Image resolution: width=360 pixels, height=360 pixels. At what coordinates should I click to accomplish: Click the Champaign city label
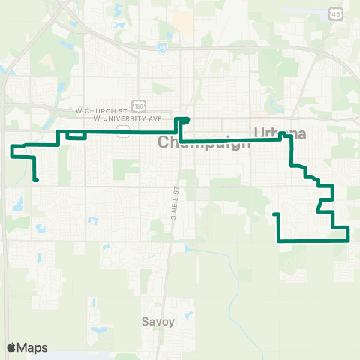[x=205, y=143]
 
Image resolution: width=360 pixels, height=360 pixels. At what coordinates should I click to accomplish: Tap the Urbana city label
[x=280, y=133]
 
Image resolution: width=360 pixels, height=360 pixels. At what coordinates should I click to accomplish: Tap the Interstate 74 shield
[x=162, y=47]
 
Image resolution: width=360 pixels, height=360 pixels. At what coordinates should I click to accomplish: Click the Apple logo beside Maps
[x=11, y=347]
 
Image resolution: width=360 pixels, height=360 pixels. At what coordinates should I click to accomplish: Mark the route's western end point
[x=36, y=180]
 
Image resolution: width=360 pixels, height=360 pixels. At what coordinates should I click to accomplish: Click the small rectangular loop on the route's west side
[x=76, y=135]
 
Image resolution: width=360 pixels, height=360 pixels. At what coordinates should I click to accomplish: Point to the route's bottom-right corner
[x=349, y=240]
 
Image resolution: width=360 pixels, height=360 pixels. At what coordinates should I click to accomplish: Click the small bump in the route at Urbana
[x=285, y=136]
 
